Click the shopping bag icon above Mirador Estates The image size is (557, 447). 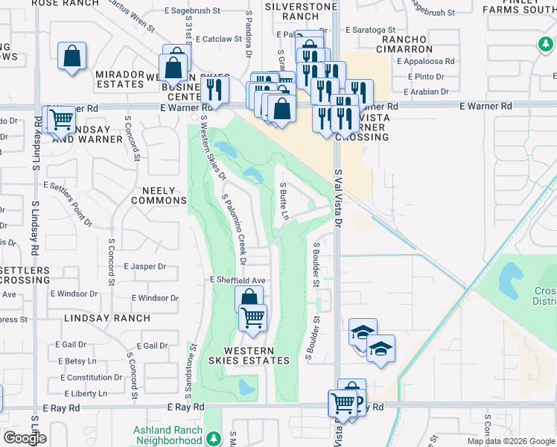point(71,56)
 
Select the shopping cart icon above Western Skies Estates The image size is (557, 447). point(253,318)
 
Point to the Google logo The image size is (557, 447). point(25,438)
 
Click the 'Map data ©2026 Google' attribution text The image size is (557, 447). point(511,441)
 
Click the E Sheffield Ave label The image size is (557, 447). point(238,279)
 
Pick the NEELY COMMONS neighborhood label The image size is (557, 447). point(159,195)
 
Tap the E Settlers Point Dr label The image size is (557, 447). point(68,202)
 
